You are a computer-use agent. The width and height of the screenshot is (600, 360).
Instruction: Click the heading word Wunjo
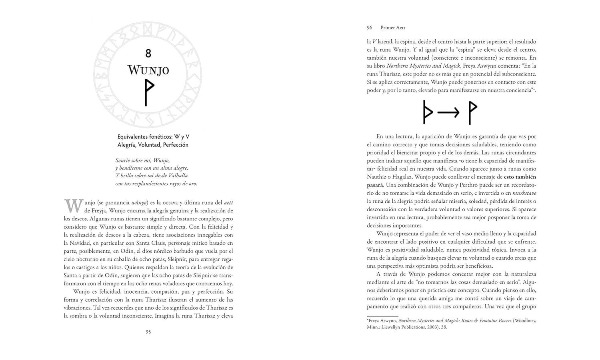point(148,70)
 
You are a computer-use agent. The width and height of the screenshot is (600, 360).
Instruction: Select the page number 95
point(148,332)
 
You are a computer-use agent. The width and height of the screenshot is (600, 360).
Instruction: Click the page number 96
point(370,28)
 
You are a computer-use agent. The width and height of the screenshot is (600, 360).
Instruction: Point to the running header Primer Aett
point(393,28)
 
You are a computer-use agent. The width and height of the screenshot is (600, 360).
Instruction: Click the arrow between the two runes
point(448,113)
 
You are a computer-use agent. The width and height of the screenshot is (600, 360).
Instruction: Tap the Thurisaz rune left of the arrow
point(428,112)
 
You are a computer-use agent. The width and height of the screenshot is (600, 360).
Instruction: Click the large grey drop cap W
point(73,206)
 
